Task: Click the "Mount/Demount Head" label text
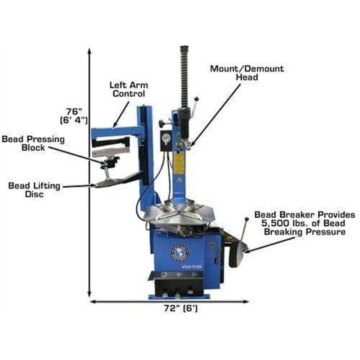coord(247,73)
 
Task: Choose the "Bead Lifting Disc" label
coord(34,189)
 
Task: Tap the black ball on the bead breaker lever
coord(246,220)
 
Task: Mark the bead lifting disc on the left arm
coord(111,182)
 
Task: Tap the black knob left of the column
coord(162,121)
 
